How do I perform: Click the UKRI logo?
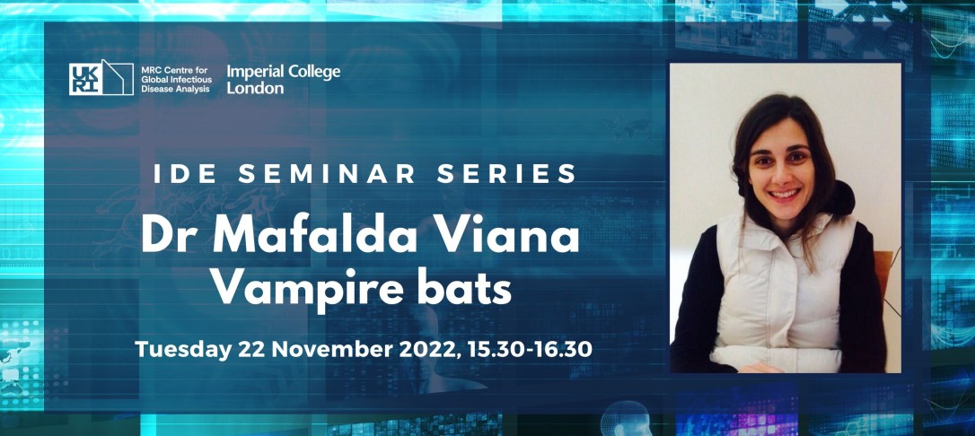[x=101, y=77]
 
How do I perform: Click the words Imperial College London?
[x=283, y=79]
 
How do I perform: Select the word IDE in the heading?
[x=180, y=174]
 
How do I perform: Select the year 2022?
[x=430, y=349]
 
